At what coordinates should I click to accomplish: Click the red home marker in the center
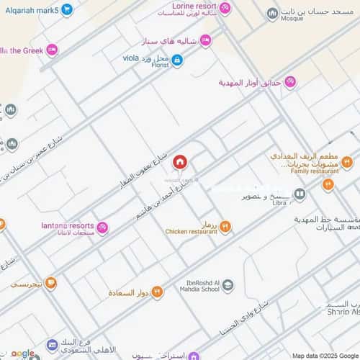pyautogui.click(x=179, y=162)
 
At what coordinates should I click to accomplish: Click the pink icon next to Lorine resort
pyautogui.click(x=225, y=9)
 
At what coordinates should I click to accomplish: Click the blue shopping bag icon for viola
pyautogui.click(x=176, y=60)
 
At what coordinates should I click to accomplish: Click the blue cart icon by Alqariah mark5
pyautogui.click(x=66, y=9)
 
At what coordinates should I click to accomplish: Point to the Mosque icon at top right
pyautogui.click(x=272, y=14)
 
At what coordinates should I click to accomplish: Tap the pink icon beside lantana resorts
pyautogui.click(x=102, y=228)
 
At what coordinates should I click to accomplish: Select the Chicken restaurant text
pyautogui.click(x=191, y=232)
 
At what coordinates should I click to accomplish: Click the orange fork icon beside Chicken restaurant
pyautogui.click(x=225, y=228)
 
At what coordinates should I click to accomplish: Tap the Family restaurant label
pyautogui.click(x=315, y=172)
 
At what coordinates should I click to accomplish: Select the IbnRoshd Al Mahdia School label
pyautogui.click(x=196, y=287)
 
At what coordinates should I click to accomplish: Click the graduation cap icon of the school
pyautogui.click(x=228, y=287)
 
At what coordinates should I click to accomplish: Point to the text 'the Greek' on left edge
pyautogui.click(x=22, y=50)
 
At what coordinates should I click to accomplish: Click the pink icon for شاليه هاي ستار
pyautogui.click(x=206, y=41)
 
